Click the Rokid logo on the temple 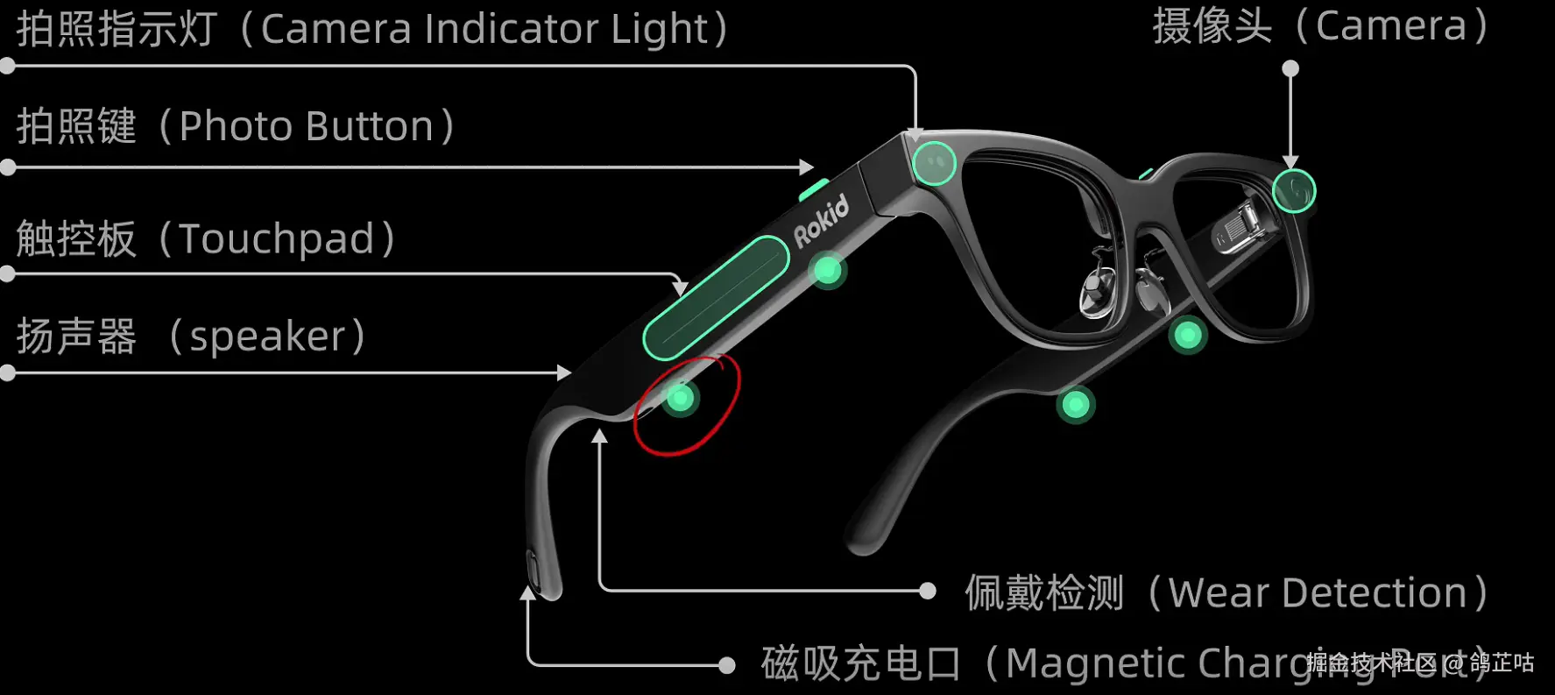tap(821, 221)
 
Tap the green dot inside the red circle tap(680, 399)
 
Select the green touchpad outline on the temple tap(715, 298)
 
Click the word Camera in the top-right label tap(1391, 26)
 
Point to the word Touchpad tap(277, 239)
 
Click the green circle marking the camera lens tap(1293, 191)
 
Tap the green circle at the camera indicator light tap(934, 163)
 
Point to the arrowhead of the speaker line tap(565, 372)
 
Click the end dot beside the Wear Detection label tap(928, 591)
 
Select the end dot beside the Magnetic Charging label tap(726, 665)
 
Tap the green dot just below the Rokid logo tap(828, 271)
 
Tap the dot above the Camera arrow tap(1290, 68)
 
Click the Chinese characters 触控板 tap(76, 239)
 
